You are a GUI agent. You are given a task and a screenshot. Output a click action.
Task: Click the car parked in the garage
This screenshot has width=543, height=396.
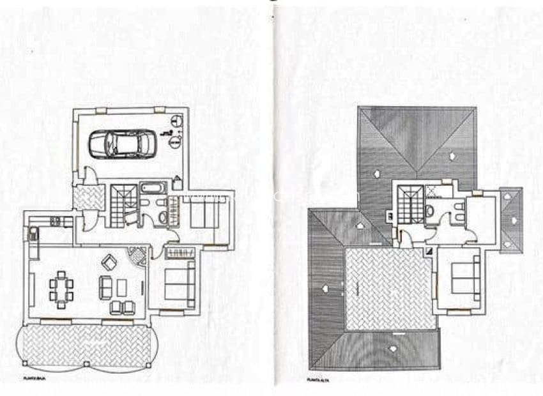(122, 144)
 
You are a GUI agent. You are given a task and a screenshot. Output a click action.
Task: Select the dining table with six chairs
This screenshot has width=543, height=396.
(61, 287)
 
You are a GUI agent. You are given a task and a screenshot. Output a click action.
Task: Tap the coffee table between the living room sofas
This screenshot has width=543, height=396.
(121, 287)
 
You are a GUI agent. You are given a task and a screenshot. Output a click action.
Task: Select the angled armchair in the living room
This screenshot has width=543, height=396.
(109, 261)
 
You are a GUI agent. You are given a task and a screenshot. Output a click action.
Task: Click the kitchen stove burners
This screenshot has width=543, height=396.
(55, 222)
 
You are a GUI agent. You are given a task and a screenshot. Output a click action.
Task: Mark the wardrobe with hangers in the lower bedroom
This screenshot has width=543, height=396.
(180, 253)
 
